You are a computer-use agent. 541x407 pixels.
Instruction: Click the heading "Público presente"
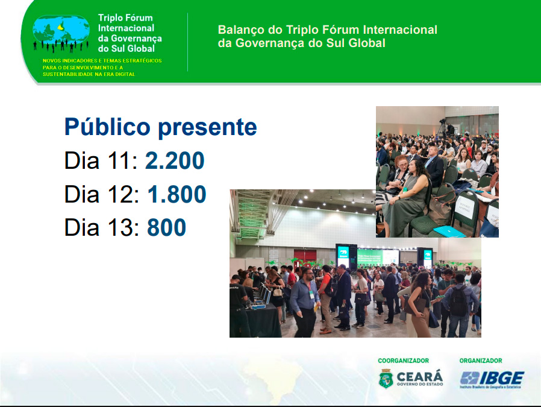(x=160, y=128)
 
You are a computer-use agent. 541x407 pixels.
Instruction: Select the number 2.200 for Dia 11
(x=175, y=160)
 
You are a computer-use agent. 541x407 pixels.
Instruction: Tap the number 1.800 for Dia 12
(x=177, y=194)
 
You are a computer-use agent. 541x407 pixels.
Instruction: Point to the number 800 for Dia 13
(x=166, y=227)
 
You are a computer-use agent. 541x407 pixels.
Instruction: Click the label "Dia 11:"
(x=101, y=160)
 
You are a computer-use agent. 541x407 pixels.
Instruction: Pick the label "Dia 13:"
(x=102, y=227)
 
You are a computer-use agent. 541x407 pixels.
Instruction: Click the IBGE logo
(x=492, y=380)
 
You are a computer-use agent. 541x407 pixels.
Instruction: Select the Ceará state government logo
(x=411, y=379)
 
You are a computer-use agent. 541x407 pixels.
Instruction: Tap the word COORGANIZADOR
(x=403, y=361)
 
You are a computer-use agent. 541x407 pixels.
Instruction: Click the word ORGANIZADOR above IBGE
(x=481, y=361)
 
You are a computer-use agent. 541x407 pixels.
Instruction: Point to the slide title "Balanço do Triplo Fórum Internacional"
(x=327, y=30)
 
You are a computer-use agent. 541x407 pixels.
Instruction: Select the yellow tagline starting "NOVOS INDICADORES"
(x=102, y=68)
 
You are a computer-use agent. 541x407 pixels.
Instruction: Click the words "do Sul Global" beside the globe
(x=127, y=48)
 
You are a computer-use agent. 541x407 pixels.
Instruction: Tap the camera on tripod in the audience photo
(x=442, y=127)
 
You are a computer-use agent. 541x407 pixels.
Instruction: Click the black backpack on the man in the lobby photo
(x=458, y=301)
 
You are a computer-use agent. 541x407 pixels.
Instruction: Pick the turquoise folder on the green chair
(x=449, y=232)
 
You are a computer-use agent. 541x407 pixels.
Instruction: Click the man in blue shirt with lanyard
(x=305, y=303)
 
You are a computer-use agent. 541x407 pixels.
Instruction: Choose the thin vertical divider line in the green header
(x=188, y=42)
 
